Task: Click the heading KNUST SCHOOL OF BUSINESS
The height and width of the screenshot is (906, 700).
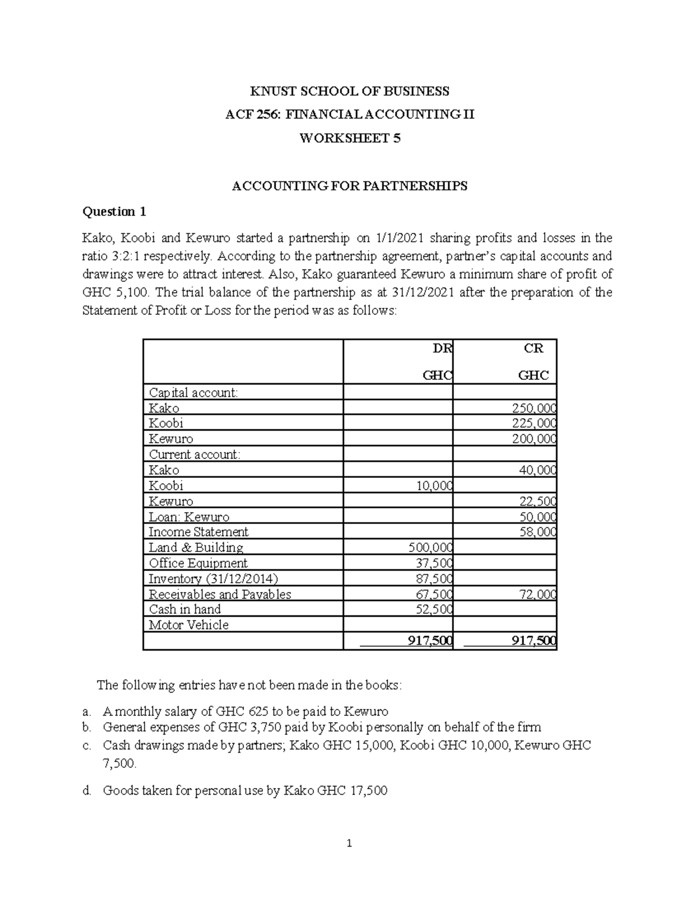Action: coord(349,91)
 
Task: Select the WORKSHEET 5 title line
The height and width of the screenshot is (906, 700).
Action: coord(349,138)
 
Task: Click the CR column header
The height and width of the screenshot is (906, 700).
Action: coord(533,348)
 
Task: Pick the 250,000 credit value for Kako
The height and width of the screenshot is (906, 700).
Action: coord(534,408)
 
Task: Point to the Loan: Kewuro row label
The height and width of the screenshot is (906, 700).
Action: coord(189,517)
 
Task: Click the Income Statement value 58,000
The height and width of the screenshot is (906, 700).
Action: coord(537,532)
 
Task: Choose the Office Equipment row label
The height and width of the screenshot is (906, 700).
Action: coord(198,563)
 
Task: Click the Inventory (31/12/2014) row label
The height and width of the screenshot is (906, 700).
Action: coord(213,579)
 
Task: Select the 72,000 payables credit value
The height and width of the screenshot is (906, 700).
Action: coord(537,594)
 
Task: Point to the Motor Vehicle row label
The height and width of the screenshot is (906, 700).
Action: coord(188,625)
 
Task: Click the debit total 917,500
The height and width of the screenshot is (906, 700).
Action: coord(430,641)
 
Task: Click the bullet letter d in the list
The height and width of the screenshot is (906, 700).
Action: coord(86,791)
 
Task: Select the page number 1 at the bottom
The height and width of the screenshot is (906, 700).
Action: coord(349,843)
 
